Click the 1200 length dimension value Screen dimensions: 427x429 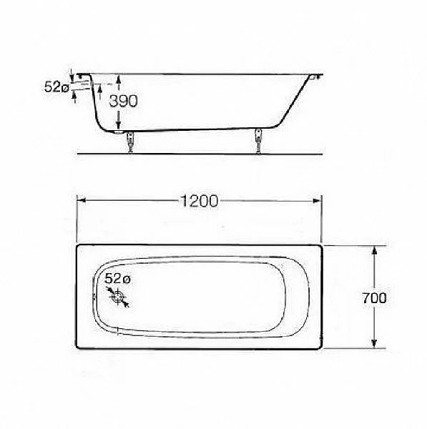tap(200, 201)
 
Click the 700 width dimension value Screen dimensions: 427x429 tap(375, 298)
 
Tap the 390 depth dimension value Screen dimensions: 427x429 tap(123, 101)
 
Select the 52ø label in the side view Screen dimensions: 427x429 tap(57, 87)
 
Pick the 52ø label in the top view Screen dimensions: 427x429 tap(117, 279)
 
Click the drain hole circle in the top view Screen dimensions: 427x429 tap(118, 297)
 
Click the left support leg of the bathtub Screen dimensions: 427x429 tap(131, 142)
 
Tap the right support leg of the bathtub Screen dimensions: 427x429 tap(258, 140)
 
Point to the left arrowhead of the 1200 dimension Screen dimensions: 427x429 tap(82, 200)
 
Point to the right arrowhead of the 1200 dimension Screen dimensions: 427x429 tap(317, 201)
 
